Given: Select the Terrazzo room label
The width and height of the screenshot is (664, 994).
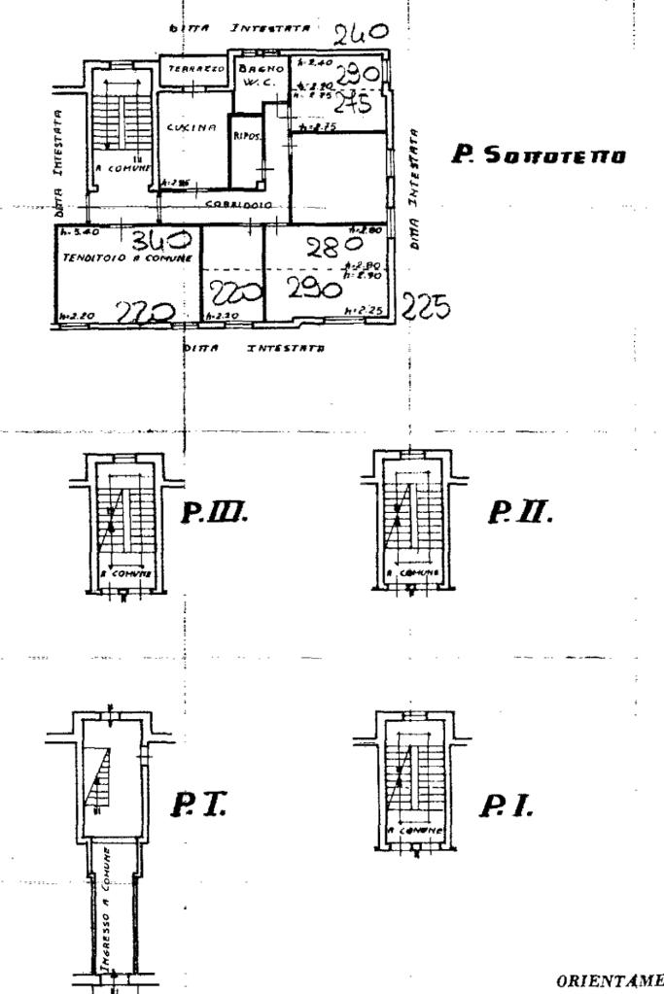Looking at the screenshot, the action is tap(192, 70).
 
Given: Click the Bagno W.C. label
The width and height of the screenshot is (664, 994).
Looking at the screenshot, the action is tap(260, 76).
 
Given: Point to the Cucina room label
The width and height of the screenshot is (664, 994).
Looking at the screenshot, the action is tap(190, 127).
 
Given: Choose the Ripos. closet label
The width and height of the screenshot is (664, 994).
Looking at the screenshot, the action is tap(242, 136).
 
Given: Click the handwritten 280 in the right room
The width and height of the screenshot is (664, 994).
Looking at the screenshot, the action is tap(322, 249).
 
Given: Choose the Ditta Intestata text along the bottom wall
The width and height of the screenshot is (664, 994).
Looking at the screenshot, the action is tap(255, 346).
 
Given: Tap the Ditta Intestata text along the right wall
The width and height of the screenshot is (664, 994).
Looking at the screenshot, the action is tap(416, 188).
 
